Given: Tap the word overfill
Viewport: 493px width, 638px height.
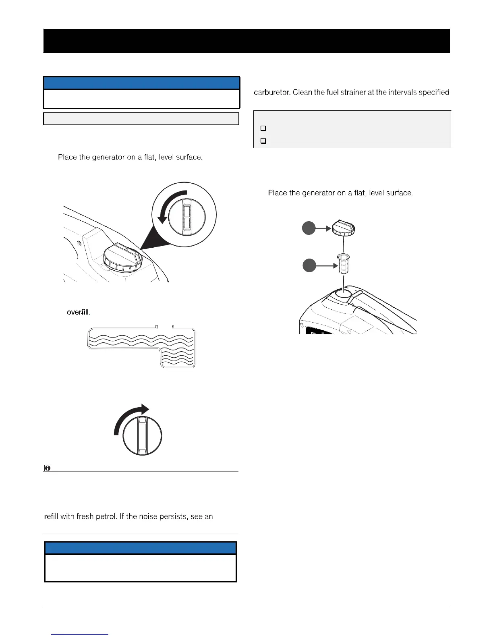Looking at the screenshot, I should click(78, 312).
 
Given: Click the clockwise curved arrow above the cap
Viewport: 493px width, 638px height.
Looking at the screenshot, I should click(130, 419).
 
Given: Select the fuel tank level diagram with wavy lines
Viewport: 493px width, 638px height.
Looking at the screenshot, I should click(142, 347).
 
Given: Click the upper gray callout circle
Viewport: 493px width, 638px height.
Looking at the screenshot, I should click(309, 228).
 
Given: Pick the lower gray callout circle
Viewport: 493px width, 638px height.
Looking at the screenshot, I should click(309, 265).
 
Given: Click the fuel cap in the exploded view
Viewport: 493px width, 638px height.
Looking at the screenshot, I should click(343, 229).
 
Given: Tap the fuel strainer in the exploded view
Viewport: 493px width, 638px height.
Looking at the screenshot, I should click(343, 264).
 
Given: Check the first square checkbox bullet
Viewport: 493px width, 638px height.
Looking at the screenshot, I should click(263, 129).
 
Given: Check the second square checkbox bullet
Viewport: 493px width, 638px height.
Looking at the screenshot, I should click(263, 141).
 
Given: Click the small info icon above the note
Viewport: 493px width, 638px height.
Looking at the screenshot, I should click(48, 468).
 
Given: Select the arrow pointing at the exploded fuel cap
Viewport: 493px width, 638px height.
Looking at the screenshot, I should click(323, 228).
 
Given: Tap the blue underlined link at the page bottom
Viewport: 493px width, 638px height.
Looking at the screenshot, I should click(80, 634).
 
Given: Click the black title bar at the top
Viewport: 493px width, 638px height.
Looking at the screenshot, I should click(246, 41).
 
